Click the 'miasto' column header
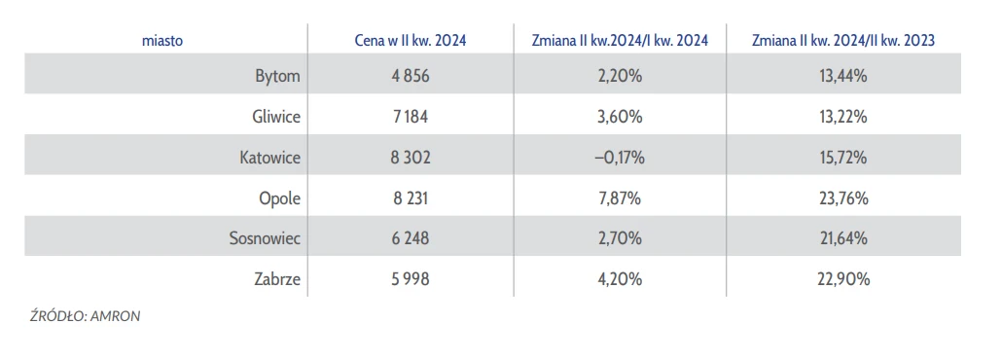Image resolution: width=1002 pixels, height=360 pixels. point(163,41)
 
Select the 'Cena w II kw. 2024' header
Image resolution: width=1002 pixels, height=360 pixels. point(411,41)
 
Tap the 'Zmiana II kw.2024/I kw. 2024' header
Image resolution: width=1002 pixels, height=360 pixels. point(620,41)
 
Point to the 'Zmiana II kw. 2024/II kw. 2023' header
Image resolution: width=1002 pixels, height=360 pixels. point(843,41)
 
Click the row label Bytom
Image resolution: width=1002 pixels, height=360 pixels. point(277,77)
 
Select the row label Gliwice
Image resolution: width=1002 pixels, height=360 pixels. point(276,118)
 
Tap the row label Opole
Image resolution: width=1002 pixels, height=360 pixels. point(279,198)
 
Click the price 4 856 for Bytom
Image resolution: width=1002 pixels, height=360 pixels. point(411,77)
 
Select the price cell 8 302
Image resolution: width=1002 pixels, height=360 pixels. point(411,158)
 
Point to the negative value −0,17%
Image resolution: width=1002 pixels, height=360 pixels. point(620,158)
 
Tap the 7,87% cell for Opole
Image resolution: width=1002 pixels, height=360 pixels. point(620,198)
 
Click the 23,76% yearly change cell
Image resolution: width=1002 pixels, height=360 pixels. point(843,198)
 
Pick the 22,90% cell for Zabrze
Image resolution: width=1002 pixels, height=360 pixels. point(843,279)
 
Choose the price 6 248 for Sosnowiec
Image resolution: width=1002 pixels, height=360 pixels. point(411,238)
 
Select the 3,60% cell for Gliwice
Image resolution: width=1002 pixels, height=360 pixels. point(620,118)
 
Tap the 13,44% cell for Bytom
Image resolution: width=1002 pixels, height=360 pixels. point(843,77)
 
